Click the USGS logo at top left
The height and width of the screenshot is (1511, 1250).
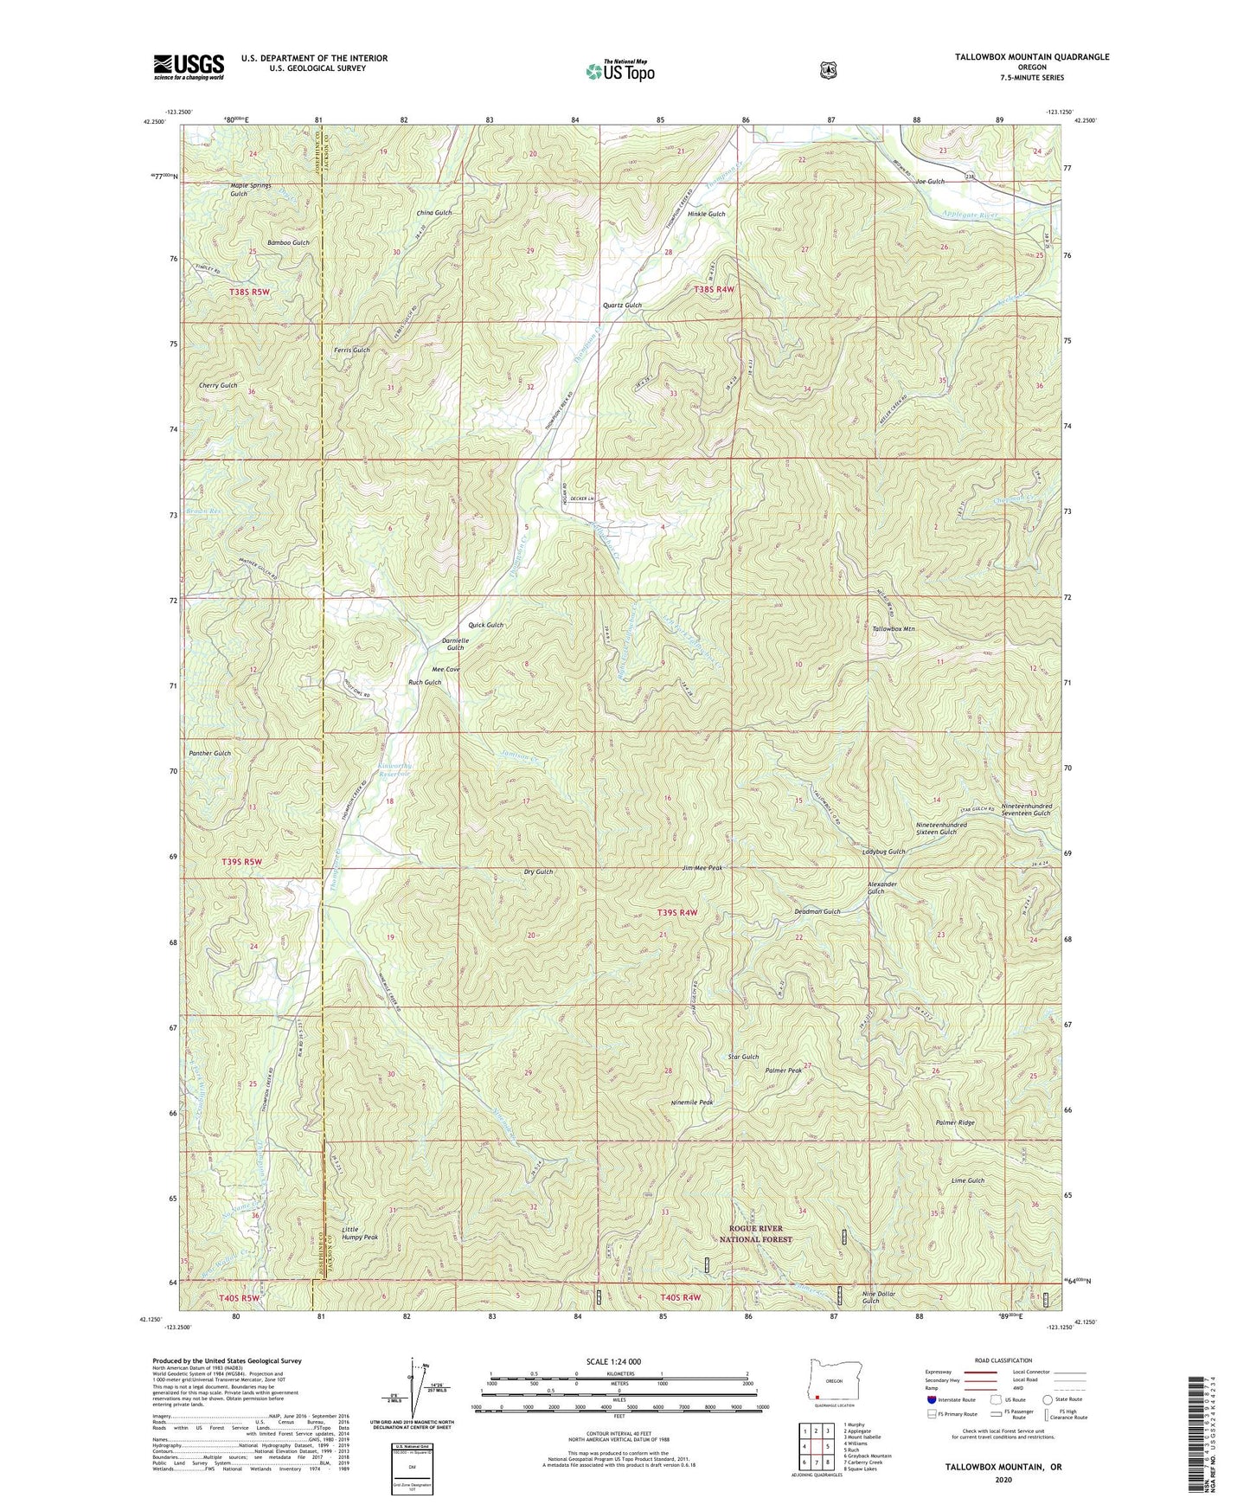point(189,66)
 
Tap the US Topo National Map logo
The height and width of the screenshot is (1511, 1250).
point(619,71)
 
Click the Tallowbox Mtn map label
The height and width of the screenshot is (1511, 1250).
point(893,628)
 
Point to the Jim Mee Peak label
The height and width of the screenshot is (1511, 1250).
point(702,867)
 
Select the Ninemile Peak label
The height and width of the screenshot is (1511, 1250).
point(692,1103)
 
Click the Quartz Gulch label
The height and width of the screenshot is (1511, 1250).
point(622,305)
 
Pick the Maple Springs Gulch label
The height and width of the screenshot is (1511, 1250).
point(251,189)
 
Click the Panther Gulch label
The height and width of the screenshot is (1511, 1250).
point(209,753)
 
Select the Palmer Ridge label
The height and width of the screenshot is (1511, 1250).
point(955,1122)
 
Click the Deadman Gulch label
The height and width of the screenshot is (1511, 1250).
point(817,911)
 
